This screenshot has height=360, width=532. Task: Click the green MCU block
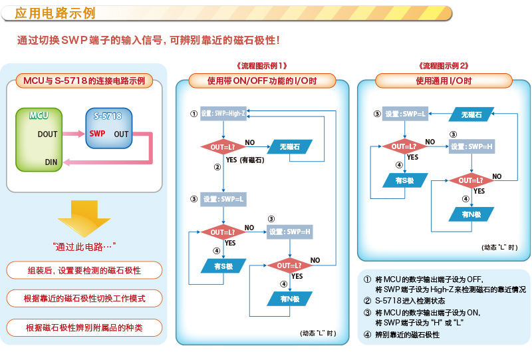pos(39,140)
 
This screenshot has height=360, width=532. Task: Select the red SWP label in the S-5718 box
pos(97,134)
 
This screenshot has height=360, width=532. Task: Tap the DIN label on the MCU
pos(51,162)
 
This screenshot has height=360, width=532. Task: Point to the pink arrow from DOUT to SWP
pos(74,134)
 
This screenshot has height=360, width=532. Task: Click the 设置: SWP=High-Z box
pos(223,113)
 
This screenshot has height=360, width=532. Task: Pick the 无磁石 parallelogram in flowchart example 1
pos(290,146)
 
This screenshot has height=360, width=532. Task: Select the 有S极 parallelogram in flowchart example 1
pos(223,266)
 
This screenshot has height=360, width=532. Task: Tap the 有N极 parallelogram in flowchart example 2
pos(471,214)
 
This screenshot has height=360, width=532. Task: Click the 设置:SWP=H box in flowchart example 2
pos(471,146)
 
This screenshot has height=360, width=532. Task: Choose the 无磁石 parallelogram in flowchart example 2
pos(471,114)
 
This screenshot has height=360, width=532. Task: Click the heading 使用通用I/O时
pos(444,81)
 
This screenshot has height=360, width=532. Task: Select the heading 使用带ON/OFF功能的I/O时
pos(262,81)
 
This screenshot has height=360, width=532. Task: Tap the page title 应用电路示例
pos(55,13)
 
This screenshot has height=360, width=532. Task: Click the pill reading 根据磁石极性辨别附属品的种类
pos(84,328)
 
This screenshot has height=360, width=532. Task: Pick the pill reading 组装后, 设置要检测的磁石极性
pos(84,270)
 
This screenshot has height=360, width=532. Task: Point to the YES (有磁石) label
pos(245,160)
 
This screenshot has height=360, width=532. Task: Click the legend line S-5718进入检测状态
pos(410,301)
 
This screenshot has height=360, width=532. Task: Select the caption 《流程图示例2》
pos(444,66)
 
